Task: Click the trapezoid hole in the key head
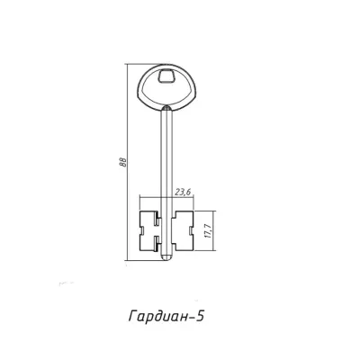166,76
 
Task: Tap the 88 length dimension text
123,162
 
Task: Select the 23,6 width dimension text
184,193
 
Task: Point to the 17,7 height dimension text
209,230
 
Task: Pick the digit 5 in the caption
201,316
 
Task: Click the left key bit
150,230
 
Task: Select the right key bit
183,230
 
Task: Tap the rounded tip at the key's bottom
166,256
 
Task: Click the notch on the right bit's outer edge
192,230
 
